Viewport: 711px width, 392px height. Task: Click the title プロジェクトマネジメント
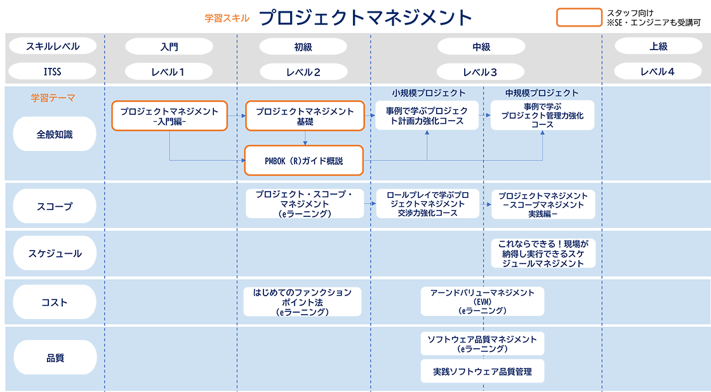pos(366,18)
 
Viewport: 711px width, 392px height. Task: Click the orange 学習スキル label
pos(227,18)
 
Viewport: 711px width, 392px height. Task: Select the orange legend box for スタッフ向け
pos(579,18)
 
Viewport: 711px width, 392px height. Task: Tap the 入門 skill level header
pos(169,46)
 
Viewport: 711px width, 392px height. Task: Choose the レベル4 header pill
pos(657,72)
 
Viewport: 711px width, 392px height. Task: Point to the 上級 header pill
pos(657,46)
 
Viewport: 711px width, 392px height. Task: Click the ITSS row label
pos(53,72)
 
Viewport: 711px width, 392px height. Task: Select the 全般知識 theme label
pos(55,134)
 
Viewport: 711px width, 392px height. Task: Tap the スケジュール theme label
pos(55,253)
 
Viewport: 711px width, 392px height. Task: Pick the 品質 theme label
pos(55,358)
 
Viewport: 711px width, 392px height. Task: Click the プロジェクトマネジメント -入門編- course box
pos(169,116)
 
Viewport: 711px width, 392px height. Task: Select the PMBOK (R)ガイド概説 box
pos(304,160)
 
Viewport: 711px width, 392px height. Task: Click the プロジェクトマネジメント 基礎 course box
pos(305,116)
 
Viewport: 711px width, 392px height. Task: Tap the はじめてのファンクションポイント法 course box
pos(302,302)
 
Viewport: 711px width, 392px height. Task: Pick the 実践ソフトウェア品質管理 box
pos(482,371)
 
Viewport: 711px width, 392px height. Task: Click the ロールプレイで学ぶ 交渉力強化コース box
pos(427,204)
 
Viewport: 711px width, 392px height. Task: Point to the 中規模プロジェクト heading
pos(542,93)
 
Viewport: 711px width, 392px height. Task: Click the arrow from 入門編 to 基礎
pos(237,116)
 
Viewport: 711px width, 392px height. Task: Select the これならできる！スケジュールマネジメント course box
pos(543,253)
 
